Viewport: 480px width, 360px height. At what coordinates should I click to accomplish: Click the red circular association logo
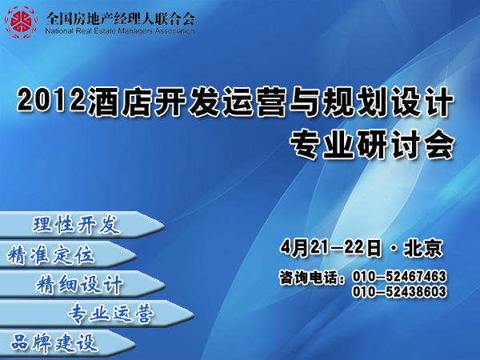pos(21,22)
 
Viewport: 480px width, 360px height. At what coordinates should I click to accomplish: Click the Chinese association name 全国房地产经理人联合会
pos(120,18)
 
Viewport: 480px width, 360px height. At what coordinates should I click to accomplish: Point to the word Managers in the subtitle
pos(135,31)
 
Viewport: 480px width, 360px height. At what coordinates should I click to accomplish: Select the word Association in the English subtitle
pos(174,31)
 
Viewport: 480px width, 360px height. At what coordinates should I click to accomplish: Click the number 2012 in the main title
pos(51,99)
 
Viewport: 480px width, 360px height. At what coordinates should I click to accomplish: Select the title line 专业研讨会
pos(372,144)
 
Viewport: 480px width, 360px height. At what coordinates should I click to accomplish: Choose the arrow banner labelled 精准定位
pos(68,254)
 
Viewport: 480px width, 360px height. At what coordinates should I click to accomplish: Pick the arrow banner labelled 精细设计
pos(82,284)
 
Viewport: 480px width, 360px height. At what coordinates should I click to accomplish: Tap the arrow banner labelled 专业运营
pos(97,314)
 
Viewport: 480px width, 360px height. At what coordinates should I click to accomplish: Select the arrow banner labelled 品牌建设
pos(68,343)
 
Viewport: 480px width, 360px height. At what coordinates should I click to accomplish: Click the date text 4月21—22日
pos(331,248)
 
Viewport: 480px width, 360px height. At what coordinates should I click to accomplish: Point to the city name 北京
pos(423,248)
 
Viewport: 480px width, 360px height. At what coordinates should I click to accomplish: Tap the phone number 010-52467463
pos(399,276)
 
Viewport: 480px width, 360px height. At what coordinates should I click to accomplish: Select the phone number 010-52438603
pos(399,291)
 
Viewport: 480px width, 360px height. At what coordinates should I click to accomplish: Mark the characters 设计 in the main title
pos(422,101)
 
